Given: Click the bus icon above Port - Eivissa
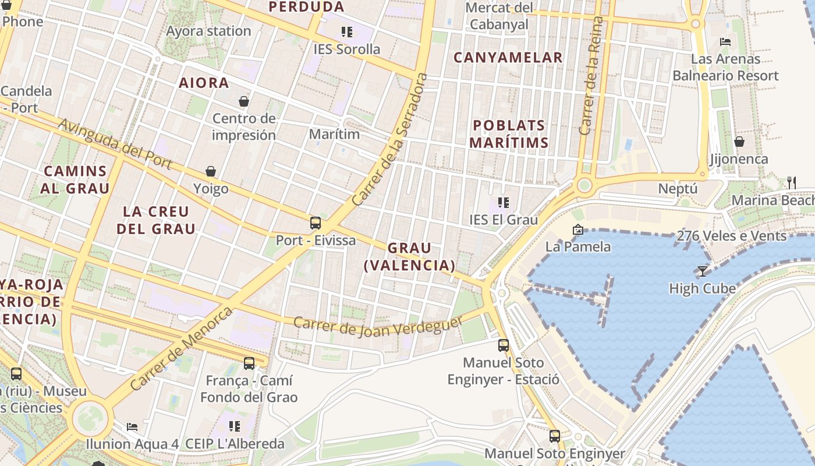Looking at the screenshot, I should coord(315,223).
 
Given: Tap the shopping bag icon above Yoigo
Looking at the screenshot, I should coord(211,171).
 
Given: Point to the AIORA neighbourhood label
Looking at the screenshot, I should coord(204,83).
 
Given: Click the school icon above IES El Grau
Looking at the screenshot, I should coord(504,203).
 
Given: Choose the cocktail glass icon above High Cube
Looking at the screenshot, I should coord(702,271).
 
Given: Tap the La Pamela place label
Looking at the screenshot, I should coord(578,246).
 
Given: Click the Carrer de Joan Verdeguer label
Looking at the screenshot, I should coord(378,326).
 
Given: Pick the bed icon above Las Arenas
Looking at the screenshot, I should coord(725,41).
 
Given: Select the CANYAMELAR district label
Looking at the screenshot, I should coord(508,57).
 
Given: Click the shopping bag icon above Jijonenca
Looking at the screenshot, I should coord(739,142).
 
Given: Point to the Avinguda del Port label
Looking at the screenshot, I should coord(115,144).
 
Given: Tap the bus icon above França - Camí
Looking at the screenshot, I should coord(249,363).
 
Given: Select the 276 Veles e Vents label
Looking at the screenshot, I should coord(731,236).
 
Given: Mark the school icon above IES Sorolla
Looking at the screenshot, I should coord(347,32).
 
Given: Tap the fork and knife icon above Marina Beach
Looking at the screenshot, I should coord(791,183).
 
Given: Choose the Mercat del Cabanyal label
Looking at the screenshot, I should coord(499,16).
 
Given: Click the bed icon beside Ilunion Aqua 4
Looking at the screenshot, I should coord(133,426).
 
